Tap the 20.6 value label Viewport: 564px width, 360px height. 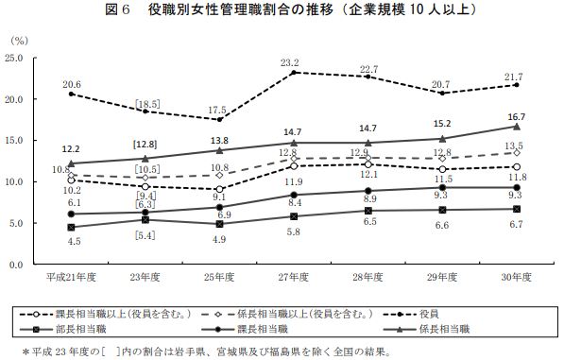pyautogui.click(x=72, y=84)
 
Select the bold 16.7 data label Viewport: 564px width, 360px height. pyautogui.click(x=516, y=116)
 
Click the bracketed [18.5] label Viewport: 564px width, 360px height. pyautogui.click(x=145, y=102)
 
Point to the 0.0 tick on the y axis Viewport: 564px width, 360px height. pyautogui.click(x=17, y=265)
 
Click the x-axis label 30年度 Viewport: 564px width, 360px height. pyautogui.click(x=516, y=278)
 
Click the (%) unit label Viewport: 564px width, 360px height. pyautogui.click(x=19, y=42)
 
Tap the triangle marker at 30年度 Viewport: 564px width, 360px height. pyautogui.click(x=516, y=126)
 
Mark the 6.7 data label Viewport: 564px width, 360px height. pyautogui.click(x=516, y=225)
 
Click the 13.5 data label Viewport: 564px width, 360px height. pyautogui.click(x=516, y=146)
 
